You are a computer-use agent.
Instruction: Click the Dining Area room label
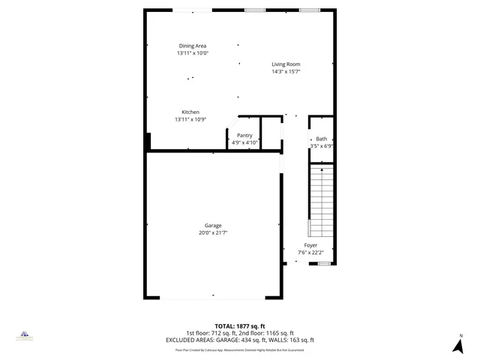pyautogui.click(x=192, y=46)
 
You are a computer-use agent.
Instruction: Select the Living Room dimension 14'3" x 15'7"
pyautogui.click(x=286, y=71)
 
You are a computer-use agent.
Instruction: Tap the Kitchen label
pyautogui.click(x=190, y=112)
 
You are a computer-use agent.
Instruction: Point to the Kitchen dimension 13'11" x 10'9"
pyautogui.click(x=190, y=119)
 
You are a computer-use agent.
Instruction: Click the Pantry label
pyautogui.click(x=244, y=135)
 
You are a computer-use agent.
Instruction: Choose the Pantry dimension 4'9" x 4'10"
pyautogui.click(x=244, y=142)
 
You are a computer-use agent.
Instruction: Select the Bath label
pyautogui.click(x=322, y=139)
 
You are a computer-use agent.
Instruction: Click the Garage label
pyautogui.click(x=213, y=226)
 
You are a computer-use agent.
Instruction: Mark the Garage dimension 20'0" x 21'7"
pyautogui.click(x=213, y=233)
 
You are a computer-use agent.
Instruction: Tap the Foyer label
pyautogui.click(x=310, y=245)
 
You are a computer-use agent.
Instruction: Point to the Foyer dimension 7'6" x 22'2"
pyautogui.click(x=310, y=253)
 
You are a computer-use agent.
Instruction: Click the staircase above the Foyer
pyautogui.click(x=321, y=199)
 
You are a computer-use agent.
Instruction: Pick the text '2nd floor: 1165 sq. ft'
pyautogui.click(x=266, y=333)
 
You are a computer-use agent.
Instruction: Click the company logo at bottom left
pyautogui.click(x=24, y=334)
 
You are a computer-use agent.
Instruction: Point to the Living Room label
pyautogui.click(x=286, y=64)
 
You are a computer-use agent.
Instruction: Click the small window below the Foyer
pyautogui.click(x=324, y=264)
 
